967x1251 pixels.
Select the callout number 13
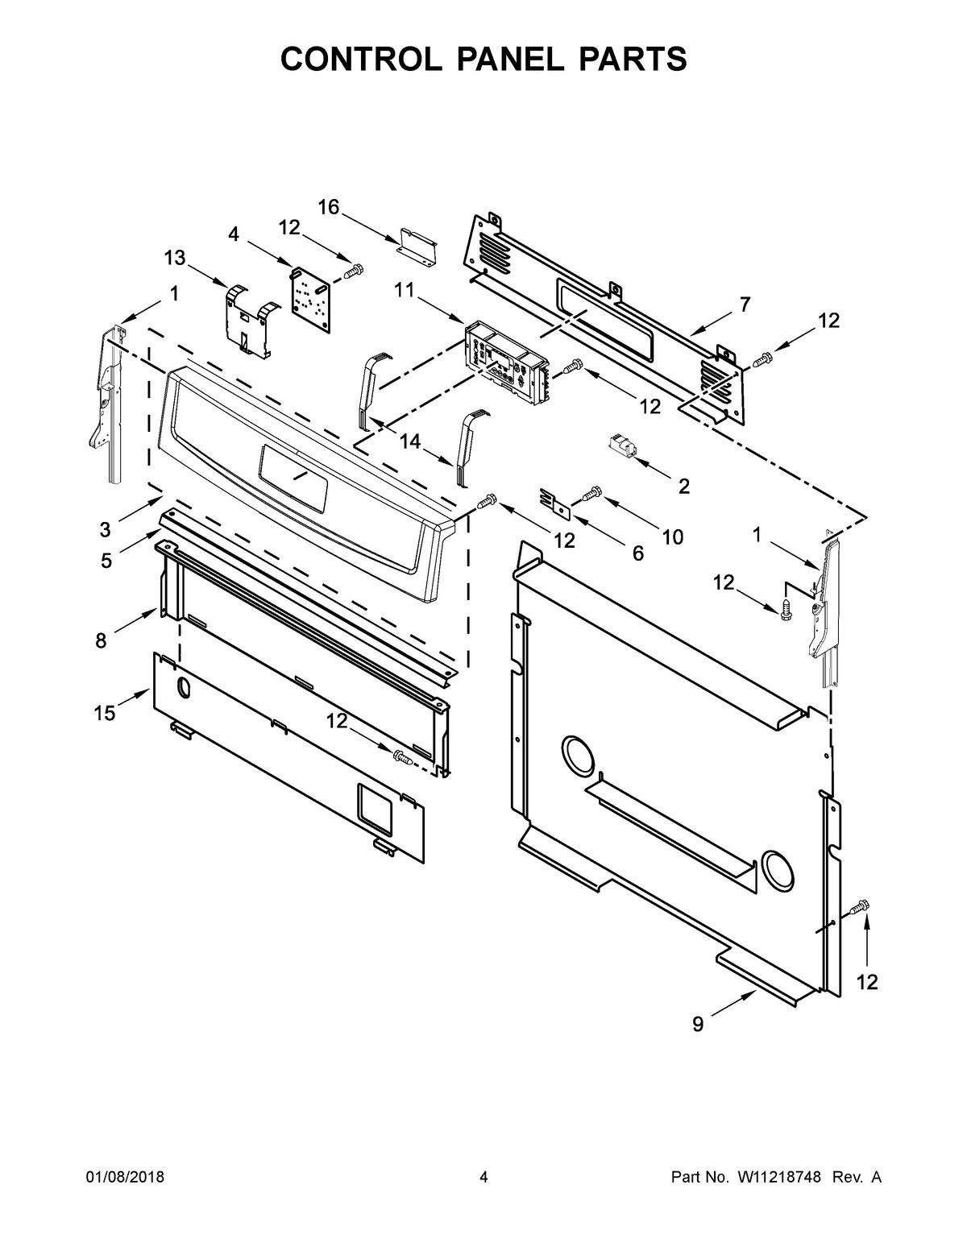pyautogui.click(x=174, y=258)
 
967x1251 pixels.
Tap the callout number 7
pyautogui.click(x=745, y=304)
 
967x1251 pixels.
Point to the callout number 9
pyautogui.click(x=698, y=1024)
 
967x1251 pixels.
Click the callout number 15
pyautogui.click(x=104, y=713)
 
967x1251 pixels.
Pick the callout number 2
pyautogui.click(x=683, y=486)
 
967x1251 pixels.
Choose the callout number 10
pyautogui.click(x=671, y=536)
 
